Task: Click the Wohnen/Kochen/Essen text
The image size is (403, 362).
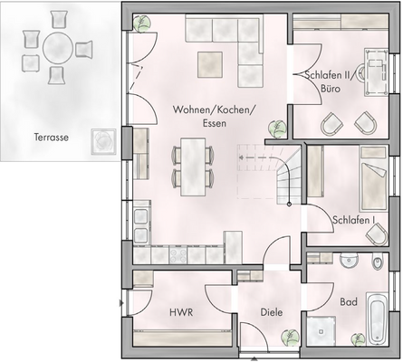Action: (x=214, y=117)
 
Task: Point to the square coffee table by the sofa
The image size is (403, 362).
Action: (x=212, y=62)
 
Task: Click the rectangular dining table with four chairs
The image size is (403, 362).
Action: (x=192, y=167)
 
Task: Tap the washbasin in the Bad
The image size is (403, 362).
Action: (x=350, y=262)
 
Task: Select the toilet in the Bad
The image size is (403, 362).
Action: (x=377, y=263)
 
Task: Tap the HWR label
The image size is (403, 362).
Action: (x=181, y=312)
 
